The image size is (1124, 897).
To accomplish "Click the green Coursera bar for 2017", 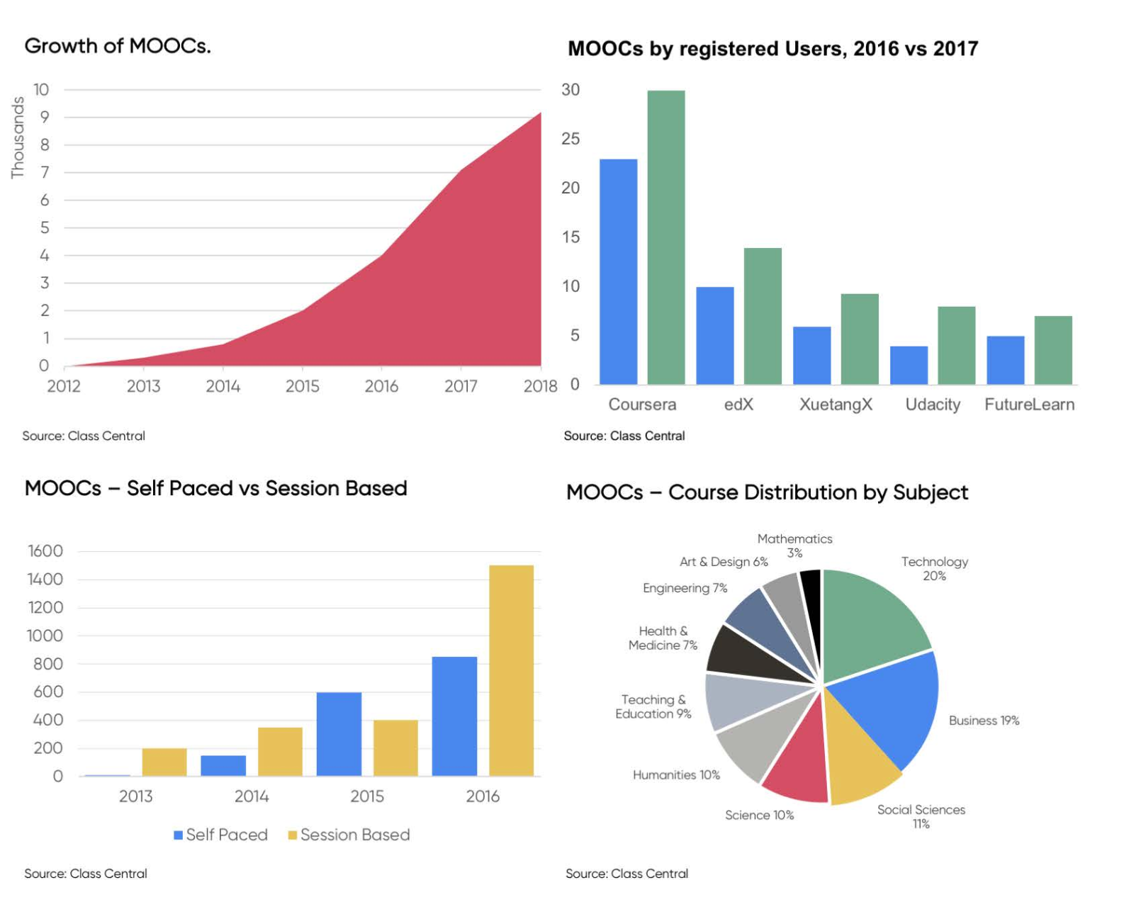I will [665, 237].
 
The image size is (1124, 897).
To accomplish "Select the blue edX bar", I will [714, 336].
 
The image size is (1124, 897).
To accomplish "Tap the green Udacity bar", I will [956, 346].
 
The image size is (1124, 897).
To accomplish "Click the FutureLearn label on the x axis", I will [1029, 405].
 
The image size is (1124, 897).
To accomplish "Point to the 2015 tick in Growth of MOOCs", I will [303, 386].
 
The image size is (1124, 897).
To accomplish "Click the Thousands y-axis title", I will [18, 137].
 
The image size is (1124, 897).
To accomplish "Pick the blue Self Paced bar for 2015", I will [339, 734].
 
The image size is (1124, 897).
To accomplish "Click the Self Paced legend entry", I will [220, 835].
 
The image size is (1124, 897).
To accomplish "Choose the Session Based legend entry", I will [349, 835].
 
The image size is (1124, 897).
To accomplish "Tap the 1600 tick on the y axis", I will [45, 551].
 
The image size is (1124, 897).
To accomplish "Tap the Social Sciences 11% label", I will [921, 816].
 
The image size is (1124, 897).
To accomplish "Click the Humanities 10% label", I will [676, 775].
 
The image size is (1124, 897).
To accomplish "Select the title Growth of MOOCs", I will [118, 46].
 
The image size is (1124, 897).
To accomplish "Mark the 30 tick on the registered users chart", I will [571, 90].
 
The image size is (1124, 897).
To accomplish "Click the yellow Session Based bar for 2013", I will [164, 762].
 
